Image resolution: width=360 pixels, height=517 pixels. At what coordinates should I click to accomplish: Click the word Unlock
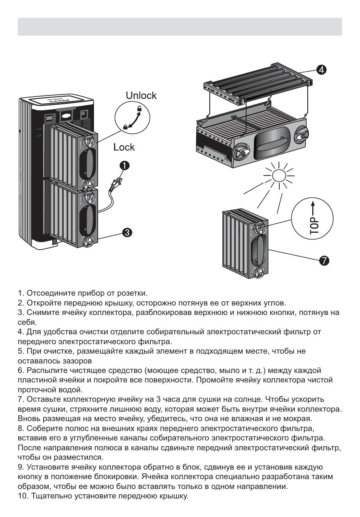click(x=141, y=96)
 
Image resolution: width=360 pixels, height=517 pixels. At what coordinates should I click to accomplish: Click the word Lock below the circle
click(x=124, y=147)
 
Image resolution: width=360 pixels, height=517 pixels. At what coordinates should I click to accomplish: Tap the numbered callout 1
click(x=125, y=165)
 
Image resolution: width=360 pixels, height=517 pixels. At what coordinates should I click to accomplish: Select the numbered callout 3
click(x=127, y=232)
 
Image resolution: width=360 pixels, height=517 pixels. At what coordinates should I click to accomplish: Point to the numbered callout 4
click(x=321, y=69)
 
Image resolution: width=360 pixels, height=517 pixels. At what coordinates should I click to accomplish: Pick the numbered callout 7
click(x=324, y=261)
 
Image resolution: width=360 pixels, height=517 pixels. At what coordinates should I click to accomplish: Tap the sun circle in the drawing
click(x=279, y=176)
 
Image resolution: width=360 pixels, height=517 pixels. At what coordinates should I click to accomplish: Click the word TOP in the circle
click(x=314, y=226)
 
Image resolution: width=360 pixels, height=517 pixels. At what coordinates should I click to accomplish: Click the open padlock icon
click(x=139, y=110)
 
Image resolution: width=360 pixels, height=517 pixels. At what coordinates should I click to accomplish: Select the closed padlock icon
click(x=125, y=127)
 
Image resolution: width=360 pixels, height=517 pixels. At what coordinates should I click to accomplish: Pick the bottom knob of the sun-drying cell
click(x=260, y=272)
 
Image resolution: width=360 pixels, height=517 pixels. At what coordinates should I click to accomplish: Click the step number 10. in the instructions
click(x=23, y=496)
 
